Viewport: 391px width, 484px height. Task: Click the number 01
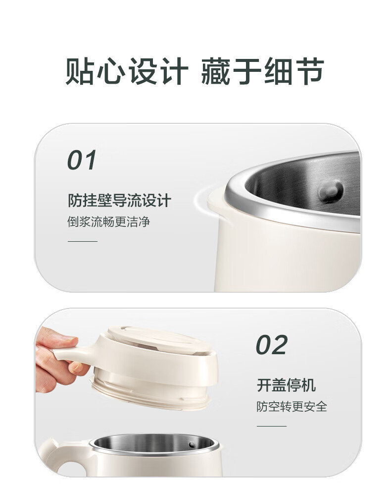pos(82,160)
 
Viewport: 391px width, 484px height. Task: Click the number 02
pos(272,345)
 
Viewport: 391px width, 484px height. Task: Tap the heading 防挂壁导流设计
pos(119,200)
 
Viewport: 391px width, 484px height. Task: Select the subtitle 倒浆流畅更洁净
pos(108,222)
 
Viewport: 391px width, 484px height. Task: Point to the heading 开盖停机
pos(287,385)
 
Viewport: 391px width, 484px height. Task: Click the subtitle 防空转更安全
pos(292,407)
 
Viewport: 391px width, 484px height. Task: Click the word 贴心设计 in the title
pos(126,71)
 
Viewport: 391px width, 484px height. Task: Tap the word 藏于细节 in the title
pos(262,71)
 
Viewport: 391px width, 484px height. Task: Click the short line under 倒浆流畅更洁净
pos(82,241)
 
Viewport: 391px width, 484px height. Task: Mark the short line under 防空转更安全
pos(272,426)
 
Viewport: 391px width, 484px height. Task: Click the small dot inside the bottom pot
pos(192,445)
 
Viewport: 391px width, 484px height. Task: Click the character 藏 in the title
pos(215,71)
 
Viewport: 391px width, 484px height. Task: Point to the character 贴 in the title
pos(80,71)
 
